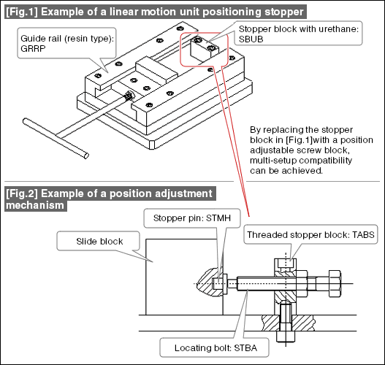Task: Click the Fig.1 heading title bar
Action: [156, 12]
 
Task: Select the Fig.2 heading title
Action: [110, 199]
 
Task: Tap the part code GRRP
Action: [33, 49]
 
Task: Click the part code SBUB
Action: [251, 39]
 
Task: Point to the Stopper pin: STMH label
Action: [192, 218]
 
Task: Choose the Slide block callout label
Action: [99, 241]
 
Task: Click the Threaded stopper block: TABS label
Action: [310, 234]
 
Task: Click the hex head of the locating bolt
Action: [335, 283]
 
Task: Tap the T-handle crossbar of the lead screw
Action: [56, 139]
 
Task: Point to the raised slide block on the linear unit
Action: [156, 69]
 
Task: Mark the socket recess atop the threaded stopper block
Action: [286, 264]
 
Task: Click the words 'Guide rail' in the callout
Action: [41, 39]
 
